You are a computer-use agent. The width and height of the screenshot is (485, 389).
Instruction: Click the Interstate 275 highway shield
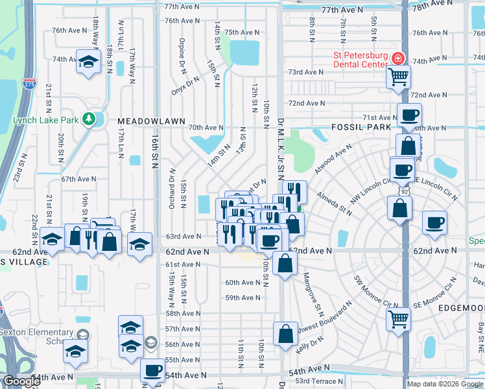pyautogui.click(x=29, y=84)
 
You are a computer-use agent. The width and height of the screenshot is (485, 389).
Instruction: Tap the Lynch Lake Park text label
pyautogui.click(x=45, y=120)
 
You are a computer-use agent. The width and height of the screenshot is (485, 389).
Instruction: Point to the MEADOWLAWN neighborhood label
pyautogui.click(x=152, y=121)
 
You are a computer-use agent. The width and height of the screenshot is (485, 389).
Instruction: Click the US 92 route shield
pyautogui.click(x=403, y=192)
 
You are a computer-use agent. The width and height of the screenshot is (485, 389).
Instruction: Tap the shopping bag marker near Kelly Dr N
pyautogui.click(x=285, y=334)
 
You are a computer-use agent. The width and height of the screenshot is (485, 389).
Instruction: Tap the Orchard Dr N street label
pyautogui.click(x=172, y=189)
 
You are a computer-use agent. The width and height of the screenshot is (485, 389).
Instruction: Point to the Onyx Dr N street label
pyautogui.click(x=189, y=88)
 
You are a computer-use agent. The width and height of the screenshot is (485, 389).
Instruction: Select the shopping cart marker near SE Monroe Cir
pyautogui.click(x=398, y=318)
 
